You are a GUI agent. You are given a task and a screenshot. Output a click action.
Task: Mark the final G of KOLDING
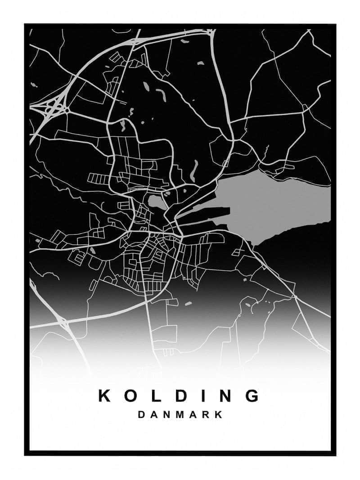pos(253,395)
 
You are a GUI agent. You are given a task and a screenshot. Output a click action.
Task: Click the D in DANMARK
pos(141,415)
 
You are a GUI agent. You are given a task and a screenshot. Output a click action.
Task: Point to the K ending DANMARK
pos(219,415)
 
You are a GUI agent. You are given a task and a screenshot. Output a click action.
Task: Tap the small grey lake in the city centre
pos(155,202)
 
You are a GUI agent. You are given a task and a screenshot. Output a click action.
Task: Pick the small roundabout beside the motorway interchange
pos(67,109)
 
